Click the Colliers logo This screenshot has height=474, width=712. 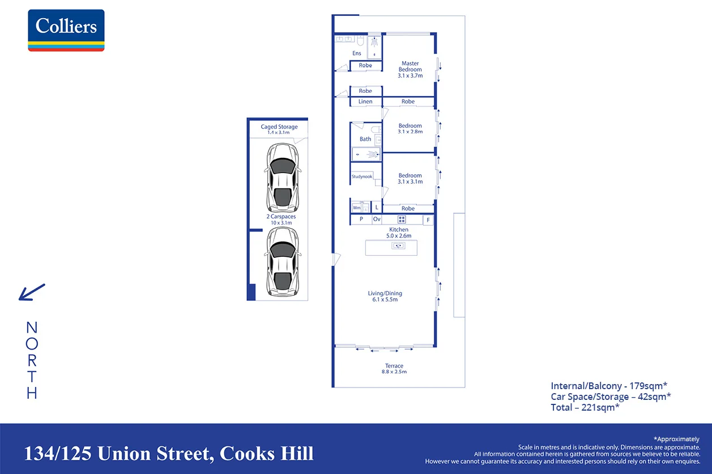66,30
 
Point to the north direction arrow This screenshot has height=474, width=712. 32,292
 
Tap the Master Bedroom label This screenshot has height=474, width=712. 410,66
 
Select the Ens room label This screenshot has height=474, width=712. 357,53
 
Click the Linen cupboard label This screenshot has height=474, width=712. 365,102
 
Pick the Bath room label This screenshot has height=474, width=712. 365,139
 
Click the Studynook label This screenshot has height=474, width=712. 362,176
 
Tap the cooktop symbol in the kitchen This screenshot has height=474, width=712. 402,219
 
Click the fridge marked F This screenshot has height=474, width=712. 428,219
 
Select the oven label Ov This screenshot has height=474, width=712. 377,219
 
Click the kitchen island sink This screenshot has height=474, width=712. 398,245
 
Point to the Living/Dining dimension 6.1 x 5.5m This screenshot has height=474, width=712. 385,299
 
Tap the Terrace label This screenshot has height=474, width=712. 394,366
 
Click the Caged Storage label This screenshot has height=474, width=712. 279,127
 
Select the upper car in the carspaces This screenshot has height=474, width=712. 282,178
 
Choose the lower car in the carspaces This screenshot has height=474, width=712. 282,262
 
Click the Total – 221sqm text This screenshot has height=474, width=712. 585,407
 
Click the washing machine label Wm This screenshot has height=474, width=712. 357,208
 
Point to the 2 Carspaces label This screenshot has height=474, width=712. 281,217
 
